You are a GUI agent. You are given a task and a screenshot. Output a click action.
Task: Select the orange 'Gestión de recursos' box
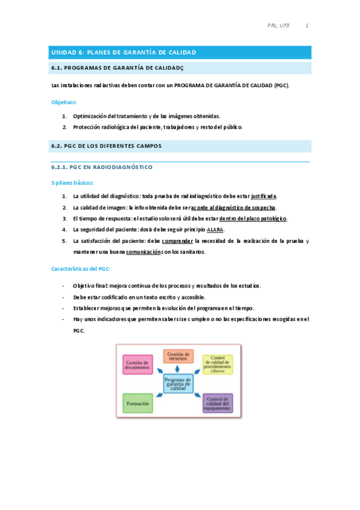(x=178, y=357)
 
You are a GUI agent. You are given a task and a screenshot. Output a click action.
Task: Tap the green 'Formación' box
(x=138, y=403)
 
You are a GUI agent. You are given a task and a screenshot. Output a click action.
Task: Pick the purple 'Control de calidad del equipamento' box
(x=217, y=403)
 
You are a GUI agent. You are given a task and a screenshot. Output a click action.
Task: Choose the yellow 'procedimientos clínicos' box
(x=217, y=364)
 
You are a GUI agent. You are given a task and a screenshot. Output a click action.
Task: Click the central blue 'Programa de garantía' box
(x=178, y=384)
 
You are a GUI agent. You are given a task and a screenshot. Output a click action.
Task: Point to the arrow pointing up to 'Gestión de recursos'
(x=178, y=369)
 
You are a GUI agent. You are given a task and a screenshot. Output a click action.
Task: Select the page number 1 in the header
(x=307, y=26)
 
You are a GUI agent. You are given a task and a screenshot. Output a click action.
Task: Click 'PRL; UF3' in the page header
(x=278, y=26)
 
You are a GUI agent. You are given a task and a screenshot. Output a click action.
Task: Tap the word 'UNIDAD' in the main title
(x=63, y=53)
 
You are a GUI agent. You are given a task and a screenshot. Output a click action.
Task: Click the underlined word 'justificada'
(x=264, y=196)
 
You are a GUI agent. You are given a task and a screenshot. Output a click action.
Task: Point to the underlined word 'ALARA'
(x=215, y=230)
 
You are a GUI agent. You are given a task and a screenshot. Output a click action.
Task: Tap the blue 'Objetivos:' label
(x=64, y=102)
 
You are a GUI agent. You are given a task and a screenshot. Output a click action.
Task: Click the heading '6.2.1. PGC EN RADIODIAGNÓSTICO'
(x=102, y=167)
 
